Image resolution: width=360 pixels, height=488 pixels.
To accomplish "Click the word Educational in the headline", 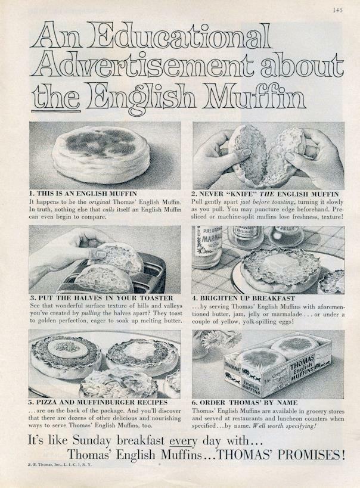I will point(178,38).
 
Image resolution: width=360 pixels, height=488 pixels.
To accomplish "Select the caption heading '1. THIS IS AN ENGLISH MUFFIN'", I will point(83,194).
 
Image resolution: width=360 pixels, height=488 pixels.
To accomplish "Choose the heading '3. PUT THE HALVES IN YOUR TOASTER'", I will point(101,297).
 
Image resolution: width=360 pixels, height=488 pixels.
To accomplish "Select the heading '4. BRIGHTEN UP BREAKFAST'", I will point(244,297).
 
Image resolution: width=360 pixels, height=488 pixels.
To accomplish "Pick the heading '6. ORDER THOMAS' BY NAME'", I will point(245,402).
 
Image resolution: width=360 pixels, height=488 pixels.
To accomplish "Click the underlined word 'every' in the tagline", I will point(182,442).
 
